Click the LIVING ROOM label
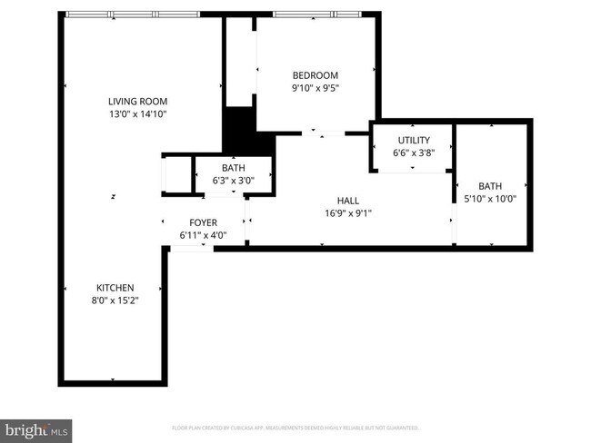click(138, 102)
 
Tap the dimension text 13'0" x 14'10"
click(138, 114)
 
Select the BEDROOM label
click(315, 75)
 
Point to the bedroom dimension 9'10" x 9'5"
click(315, 88)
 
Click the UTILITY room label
click(413, 141)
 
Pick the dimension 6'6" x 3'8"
click(413, 153)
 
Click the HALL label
click(347, 201)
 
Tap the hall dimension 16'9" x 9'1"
click(347, 213)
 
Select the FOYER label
click(203, 222)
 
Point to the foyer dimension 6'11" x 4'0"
click(203, 235)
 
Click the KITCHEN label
click(115, 288)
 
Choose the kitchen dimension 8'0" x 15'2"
click(115, 300)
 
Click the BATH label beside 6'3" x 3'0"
click(234, 168)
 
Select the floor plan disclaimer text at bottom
click(295, 427)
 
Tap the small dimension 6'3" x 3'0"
click(234, 180)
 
